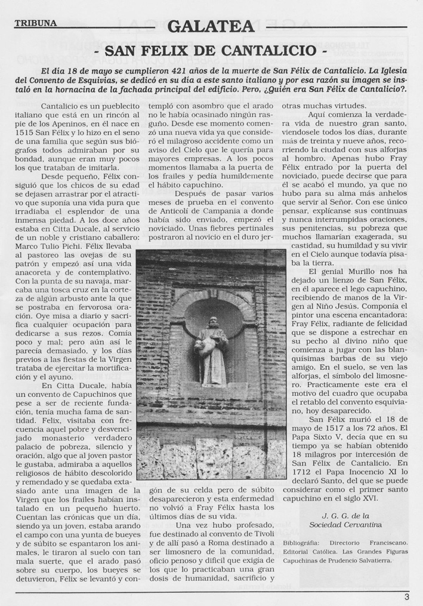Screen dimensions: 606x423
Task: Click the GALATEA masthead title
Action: click(x=211, y=27)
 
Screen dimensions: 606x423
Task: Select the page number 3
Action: click(x=406, y=595)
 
